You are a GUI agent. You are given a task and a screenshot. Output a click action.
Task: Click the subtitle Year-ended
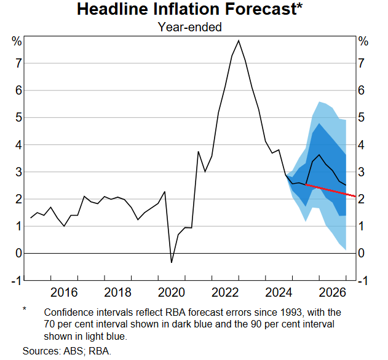189,27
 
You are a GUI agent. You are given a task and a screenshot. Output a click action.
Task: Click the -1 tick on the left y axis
17,280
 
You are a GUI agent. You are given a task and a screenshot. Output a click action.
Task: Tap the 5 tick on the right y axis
363,117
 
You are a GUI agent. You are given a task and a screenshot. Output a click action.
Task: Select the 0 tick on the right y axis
363,253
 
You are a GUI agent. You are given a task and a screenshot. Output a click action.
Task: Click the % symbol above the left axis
17,42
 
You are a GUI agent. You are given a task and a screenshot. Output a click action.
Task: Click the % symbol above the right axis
363,42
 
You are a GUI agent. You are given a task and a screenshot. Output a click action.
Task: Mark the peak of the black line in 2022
239,41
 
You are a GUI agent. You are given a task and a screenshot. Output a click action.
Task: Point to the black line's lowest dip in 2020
172,262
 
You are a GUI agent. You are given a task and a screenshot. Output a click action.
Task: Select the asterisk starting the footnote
25,309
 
